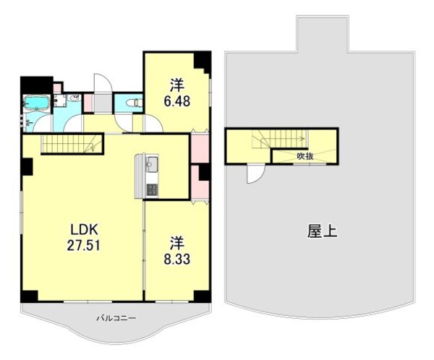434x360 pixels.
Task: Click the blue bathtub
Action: coord(35,103)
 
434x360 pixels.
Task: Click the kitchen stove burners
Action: coord(152,190)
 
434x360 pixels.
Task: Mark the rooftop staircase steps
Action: coord(275,140)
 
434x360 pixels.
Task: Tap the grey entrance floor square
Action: coord(101,102)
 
